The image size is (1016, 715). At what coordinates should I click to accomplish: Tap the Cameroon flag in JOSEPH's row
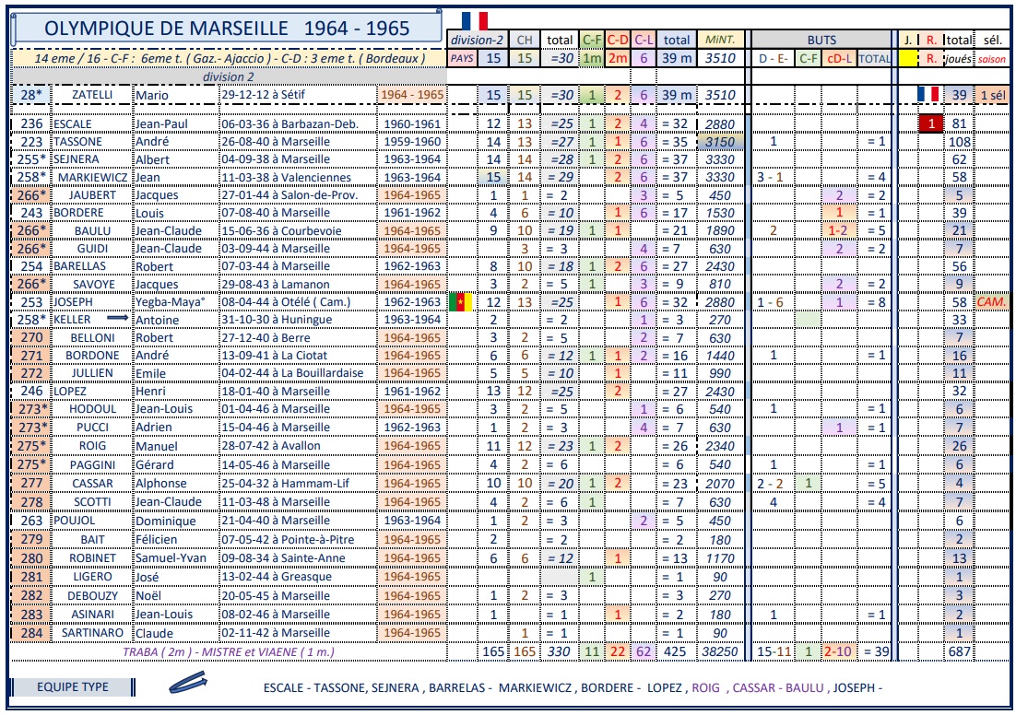(459, 301)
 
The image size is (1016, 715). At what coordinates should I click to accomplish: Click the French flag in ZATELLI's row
(927, 94)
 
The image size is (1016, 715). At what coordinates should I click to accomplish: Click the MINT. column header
(719, 41)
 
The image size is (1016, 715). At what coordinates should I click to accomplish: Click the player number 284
(32, 632)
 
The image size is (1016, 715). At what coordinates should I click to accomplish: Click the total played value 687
(960, 650)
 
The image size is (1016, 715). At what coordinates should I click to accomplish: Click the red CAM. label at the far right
(993, 301)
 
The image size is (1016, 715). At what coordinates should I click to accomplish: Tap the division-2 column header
(475, 41)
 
